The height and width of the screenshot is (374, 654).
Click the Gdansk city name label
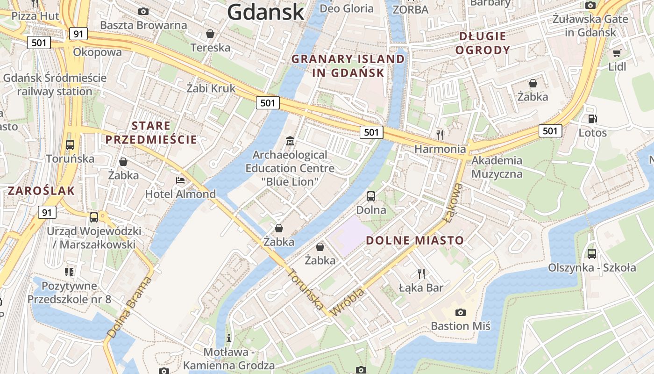click(266, 12)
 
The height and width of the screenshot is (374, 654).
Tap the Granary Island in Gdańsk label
click(348, 66)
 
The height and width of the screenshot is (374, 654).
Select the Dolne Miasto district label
click(415, 241)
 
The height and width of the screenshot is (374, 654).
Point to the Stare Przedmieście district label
click(151, 132)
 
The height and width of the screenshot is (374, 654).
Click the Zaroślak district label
click(41, 191)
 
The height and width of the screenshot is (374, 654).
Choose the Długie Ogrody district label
click(483, 43)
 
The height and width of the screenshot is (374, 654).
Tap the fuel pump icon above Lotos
click(592, 119)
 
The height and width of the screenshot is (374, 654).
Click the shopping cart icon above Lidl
click(617, 53)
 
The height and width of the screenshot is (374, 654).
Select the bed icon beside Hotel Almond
click(180, 180)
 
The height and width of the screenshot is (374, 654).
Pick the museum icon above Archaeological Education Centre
click(290, 140)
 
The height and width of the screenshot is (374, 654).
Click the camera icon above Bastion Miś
click(460, 312)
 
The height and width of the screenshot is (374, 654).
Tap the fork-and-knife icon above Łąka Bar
click(421, 273)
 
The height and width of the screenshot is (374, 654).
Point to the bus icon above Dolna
click(371, 196)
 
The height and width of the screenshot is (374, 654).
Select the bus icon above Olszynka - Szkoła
click(591, 254)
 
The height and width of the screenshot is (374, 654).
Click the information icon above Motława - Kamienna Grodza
click(229, 338)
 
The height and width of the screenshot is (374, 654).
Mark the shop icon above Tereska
click(210, 34)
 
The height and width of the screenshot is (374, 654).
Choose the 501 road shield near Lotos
click(550, 131)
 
